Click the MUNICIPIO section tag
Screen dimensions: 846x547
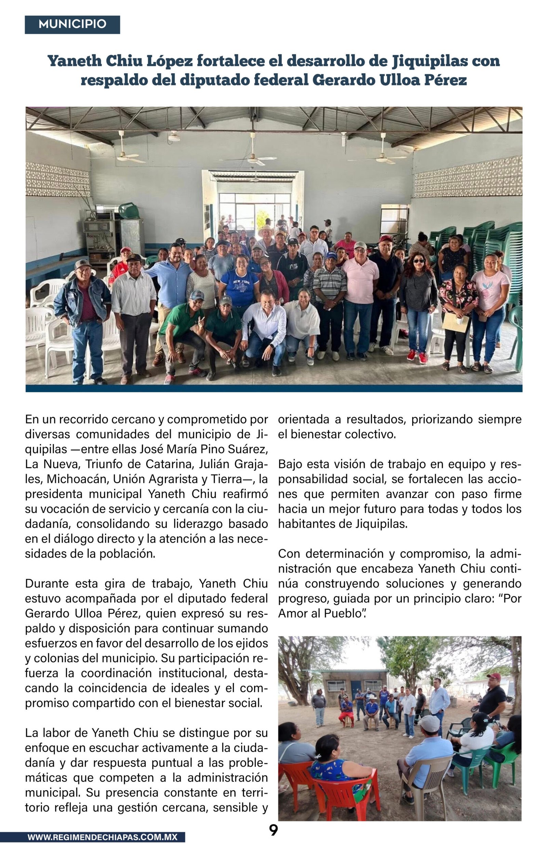point(72,24)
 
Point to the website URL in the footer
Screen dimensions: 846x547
point(102,837)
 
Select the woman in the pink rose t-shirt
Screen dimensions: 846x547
point(490,302)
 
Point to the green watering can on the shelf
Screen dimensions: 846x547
point(129,211)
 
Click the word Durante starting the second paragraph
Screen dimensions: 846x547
point(47,583)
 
